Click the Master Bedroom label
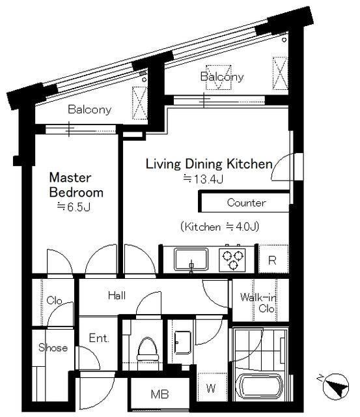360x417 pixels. tap(77, 185)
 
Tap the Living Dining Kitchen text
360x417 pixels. tap(210, 164)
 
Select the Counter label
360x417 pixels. tap(246, 203)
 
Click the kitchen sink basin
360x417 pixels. tap(191, 259)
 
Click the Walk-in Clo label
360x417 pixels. tap(258, 302)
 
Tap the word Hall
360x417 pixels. tap(117, 295)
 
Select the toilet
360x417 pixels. tap(148, 350)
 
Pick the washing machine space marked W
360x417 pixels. tap(211, 388)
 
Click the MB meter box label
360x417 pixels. tap(159, 394)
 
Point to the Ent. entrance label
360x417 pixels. tap(99, 338)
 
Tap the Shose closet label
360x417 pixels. tap(53, 347)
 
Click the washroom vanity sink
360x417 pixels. tap(183, 343)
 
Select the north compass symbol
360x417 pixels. tap(335, 386)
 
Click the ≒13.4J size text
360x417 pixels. tap(203, 179)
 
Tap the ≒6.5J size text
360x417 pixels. tap(74, 207)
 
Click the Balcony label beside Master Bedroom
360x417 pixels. tap(90, 109)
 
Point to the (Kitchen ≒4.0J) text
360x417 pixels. tap(219, 227)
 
